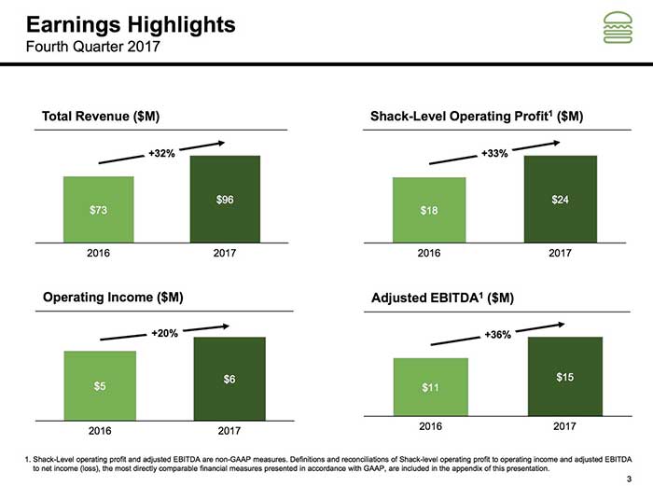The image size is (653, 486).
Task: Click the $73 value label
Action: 98,210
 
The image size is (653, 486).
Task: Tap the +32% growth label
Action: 162,153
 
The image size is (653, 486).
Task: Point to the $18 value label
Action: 428,211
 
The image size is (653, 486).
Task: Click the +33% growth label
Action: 494,153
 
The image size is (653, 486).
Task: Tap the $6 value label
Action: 229,379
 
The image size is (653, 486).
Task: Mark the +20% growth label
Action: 165,332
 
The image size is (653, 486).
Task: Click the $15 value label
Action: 565,376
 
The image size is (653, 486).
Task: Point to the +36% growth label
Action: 497,335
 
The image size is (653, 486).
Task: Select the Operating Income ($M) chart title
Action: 113,297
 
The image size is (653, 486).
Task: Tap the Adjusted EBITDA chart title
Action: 442,298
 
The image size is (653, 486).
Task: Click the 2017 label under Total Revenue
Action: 224,253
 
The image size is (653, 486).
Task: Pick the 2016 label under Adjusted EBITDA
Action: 429,425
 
